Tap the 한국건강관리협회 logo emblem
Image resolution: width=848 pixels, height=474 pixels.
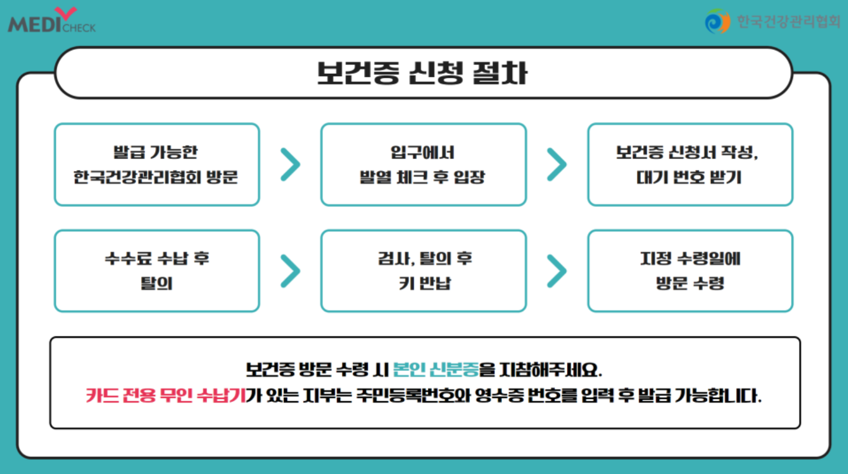coord(717,22)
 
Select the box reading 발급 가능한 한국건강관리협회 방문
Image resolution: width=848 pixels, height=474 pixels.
coord(156,165)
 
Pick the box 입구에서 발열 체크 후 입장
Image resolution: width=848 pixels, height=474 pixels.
coord(423,165)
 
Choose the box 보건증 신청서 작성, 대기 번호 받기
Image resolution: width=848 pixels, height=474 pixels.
coord(690,165)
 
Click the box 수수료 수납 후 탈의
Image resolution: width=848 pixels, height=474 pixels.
coord(156,271)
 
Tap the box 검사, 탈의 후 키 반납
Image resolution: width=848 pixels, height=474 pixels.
coord(423,271)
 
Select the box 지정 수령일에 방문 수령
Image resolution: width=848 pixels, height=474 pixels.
coord(690,271)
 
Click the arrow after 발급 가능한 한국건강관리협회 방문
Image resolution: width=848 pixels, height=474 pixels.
coord(290,165)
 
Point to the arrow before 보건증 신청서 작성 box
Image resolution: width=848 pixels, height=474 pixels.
coord(557,165)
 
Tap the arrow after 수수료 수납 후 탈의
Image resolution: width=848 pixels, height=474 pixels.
coord(290,271)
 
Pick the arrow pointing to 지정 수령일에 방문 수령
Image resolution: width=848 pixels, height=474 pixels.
coord(557,271)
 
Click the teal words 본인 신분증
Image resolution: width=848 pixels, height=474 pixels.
coord(436,370)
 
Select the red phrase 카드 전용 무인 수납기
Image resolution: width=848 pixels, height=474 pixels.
coord(166,395)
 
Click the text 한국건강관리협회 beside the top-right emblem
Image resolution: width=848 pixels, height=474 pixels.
coord(788,22)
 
